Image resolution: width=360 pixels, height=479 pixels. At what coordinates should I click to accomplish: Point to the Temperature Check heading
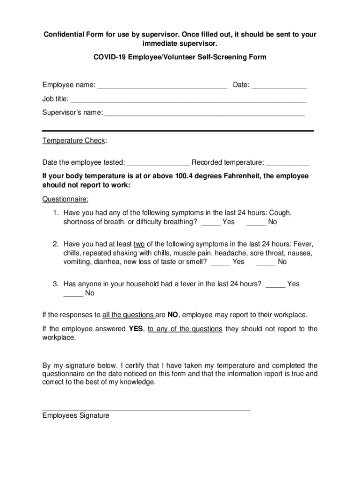coord(74,141)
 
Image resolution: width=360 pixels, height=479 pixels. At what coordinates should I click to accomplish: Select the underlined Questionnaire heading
coord(65,199)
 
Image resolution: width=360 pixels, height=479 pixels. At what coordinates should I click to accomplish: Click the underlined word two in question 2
coord(139,244)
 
